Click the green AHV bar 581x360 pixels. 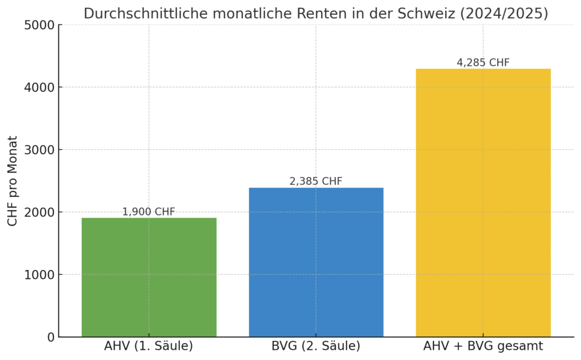click(x=149, y=277)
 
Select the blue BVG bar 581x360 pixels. click(x=316, y=262)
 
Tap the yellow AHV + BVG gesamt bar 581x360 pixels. click(x=483, y=202)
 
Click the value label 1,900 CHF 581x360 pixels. click(x=149, y=212)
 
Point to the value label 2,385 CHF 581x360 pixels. click(x=316, y=181)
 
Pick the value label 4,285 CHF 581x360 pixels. click(x=483, y=63)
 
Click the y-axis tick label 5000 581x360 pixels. click(x=40, y=26)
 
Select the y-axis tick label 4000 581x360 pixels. click(x=40, y=88)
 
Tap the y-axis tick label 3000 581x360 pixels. click(x=40, y=150)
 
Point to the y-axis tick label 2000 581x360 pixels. click(x=40, y=213)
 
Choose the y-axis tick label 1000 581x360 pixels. click(x=40, y=275)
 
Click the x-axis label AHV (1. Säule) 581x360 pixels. click(x=149, y=346)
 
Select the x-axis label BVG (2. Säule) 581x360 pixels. click(x=316, y=346)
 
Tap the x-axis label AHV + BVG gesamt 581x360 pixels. click(x=483, y=346)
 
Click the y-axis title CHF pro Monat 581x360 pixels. click(x=13, y=181)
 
